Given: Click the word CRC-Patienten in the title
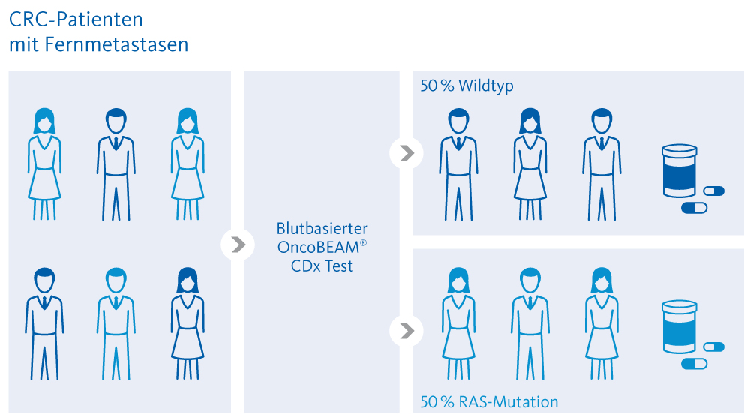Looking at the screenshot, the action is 76,20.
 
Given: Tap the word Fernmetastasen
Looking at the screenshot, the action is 117,44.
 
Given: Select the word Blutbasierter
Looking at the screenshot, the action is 322,228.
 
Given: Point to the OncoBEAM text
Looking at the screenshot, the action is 318,247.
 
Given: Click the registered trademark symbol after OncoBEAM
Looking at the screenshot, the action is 364,243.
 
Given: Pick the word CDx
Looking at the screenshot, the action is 306,266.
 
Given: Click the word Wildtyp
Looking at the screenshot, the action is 486,86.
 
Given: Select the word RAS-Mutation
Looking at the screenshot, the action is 508,402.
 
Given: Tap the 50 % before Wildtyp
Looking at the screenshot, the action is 437,86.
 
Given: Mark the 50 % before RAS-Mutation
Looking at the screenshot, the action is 437,402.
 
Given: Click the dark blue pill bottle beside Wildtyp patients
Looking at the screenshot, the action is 679,171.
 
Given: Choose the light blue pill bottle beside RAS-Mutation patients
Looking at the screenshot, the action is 679,326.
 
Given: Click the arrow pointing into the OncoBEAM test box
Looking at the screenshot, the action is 238,245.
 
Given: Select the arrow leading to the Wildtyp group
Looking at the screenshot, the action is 406,153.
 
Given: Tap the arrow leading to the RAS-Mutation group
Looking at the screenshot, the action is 406,330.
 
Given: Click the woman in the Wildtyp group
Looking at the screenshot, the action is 530,164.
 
